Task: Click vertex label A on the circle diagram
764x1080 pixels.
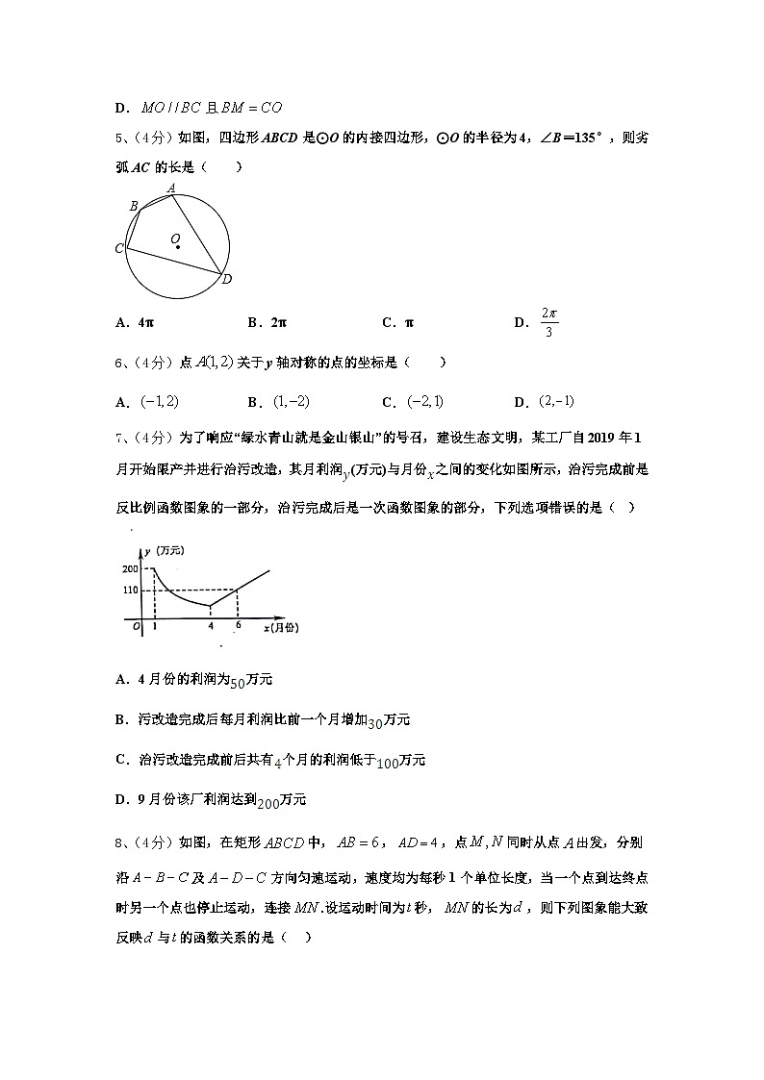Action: [x=171, y=188]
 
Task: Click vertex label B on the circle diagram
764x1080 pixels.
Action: [x=134, y=206]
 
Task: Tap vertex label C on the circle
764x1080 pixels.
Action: [x=119, y=249]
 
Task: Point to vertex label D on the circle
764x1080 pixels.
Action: [x=227, y=280]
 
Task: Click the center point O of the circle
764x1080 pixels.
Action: [x=178, y=246]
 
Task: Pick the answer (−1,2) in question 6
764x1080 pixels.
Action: [x=160, y=401]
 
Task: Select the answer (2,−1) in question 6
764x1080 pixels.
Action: [x=557, y=401]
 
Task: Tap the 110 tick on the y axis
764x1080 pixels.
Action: [x=131, y=590]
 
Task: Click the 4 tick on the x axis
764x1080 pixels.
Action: [x=211, y=627]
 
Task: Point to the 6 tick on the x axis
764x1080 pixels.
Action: [x=238, y=625]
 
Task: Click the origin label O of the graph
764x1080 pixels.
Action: [x=136, y=626]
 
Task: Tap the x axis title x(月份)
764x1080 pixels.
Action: [x=280, y=627]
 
